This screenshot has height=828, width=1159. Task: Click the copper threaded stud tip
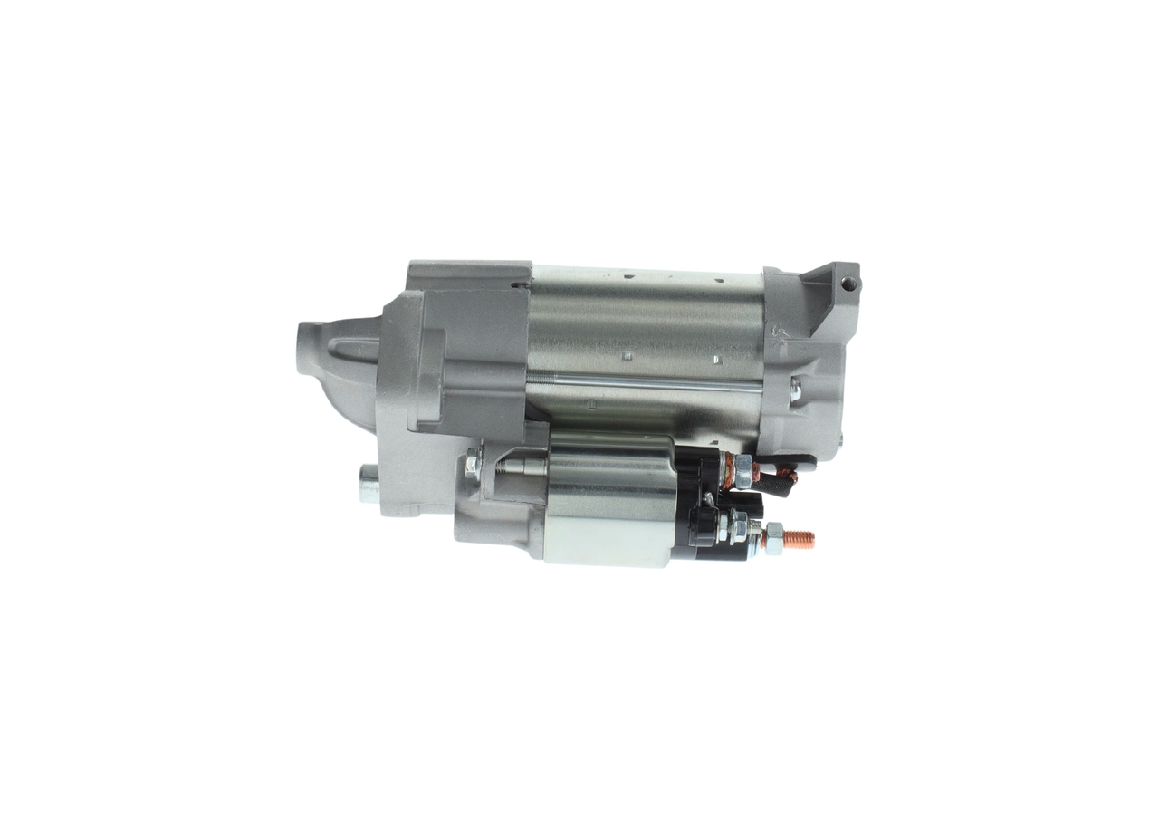[800, 540]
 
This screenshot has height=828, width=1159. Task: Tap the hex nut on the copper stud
[774, 538]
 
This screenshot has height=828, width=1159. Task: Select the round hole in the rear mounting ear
[848, 284]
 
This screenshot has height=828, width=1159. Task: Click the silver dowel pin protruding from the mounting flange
[369, 483]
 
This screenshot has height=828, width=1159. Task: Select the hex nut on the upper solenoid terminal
[742, 468]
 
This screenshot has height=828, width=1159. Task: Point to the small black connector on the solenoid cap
[701, 525]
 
